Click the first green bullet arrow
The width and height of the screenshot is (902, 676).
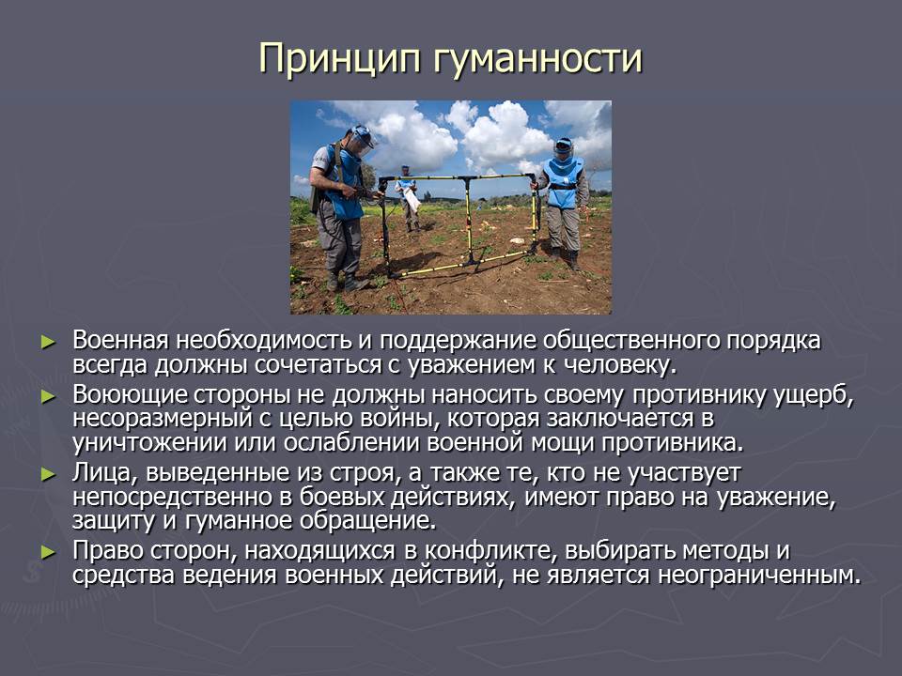48,342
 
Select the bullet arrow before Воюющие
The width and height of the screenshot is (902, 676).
48,396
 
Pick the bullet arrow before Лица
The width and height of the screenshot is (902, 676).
48,474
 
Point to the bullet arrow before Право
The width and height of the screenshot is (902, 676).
48,552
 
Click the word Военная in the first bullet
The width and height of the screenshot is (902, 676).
121,340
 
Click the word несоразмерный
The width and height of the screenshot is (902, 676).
163,419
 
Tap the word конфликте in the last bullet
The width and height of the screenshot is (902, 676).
490,551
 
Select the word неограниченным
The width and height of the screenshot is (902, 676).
759,576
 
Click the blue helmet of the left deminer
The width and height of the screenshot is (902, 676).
361,135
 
